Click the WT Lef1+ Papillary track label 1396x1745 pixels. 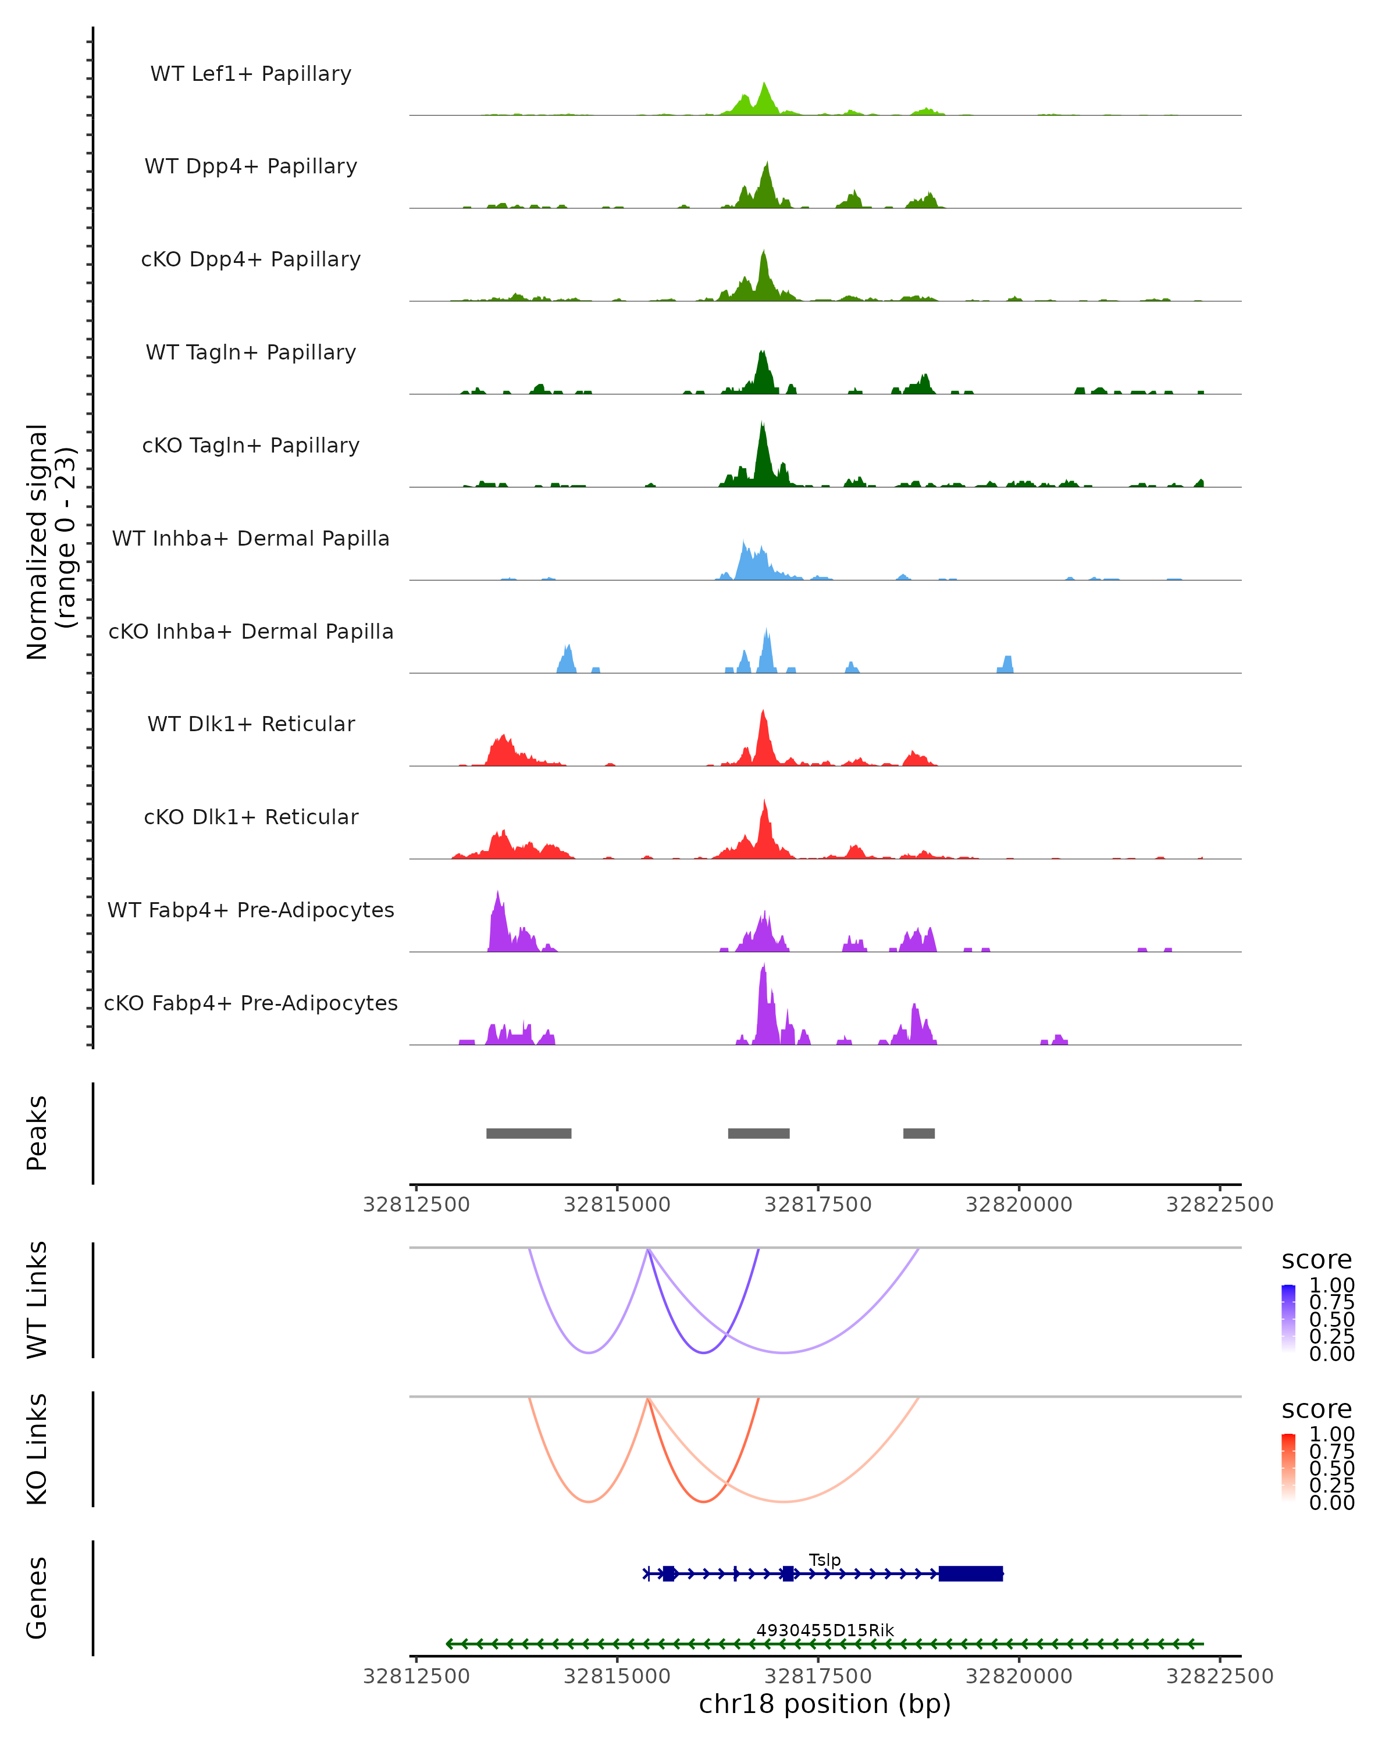(251, 74)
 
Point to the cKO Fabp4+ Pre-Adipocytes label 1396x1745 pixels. (251, 1003)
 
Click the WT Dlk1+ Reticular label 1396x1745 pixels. (251, 724)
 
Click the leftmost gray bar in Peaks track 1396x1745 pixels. (529, 1133)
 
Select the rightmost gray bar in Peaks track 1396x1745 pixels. (918, 1133)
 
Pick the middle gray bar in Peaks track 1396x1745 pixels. (758, 1133)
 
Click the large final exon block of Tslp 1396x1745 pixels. (970, 1573)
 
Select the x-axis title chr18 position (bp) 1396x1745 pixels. (825, 1704)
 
